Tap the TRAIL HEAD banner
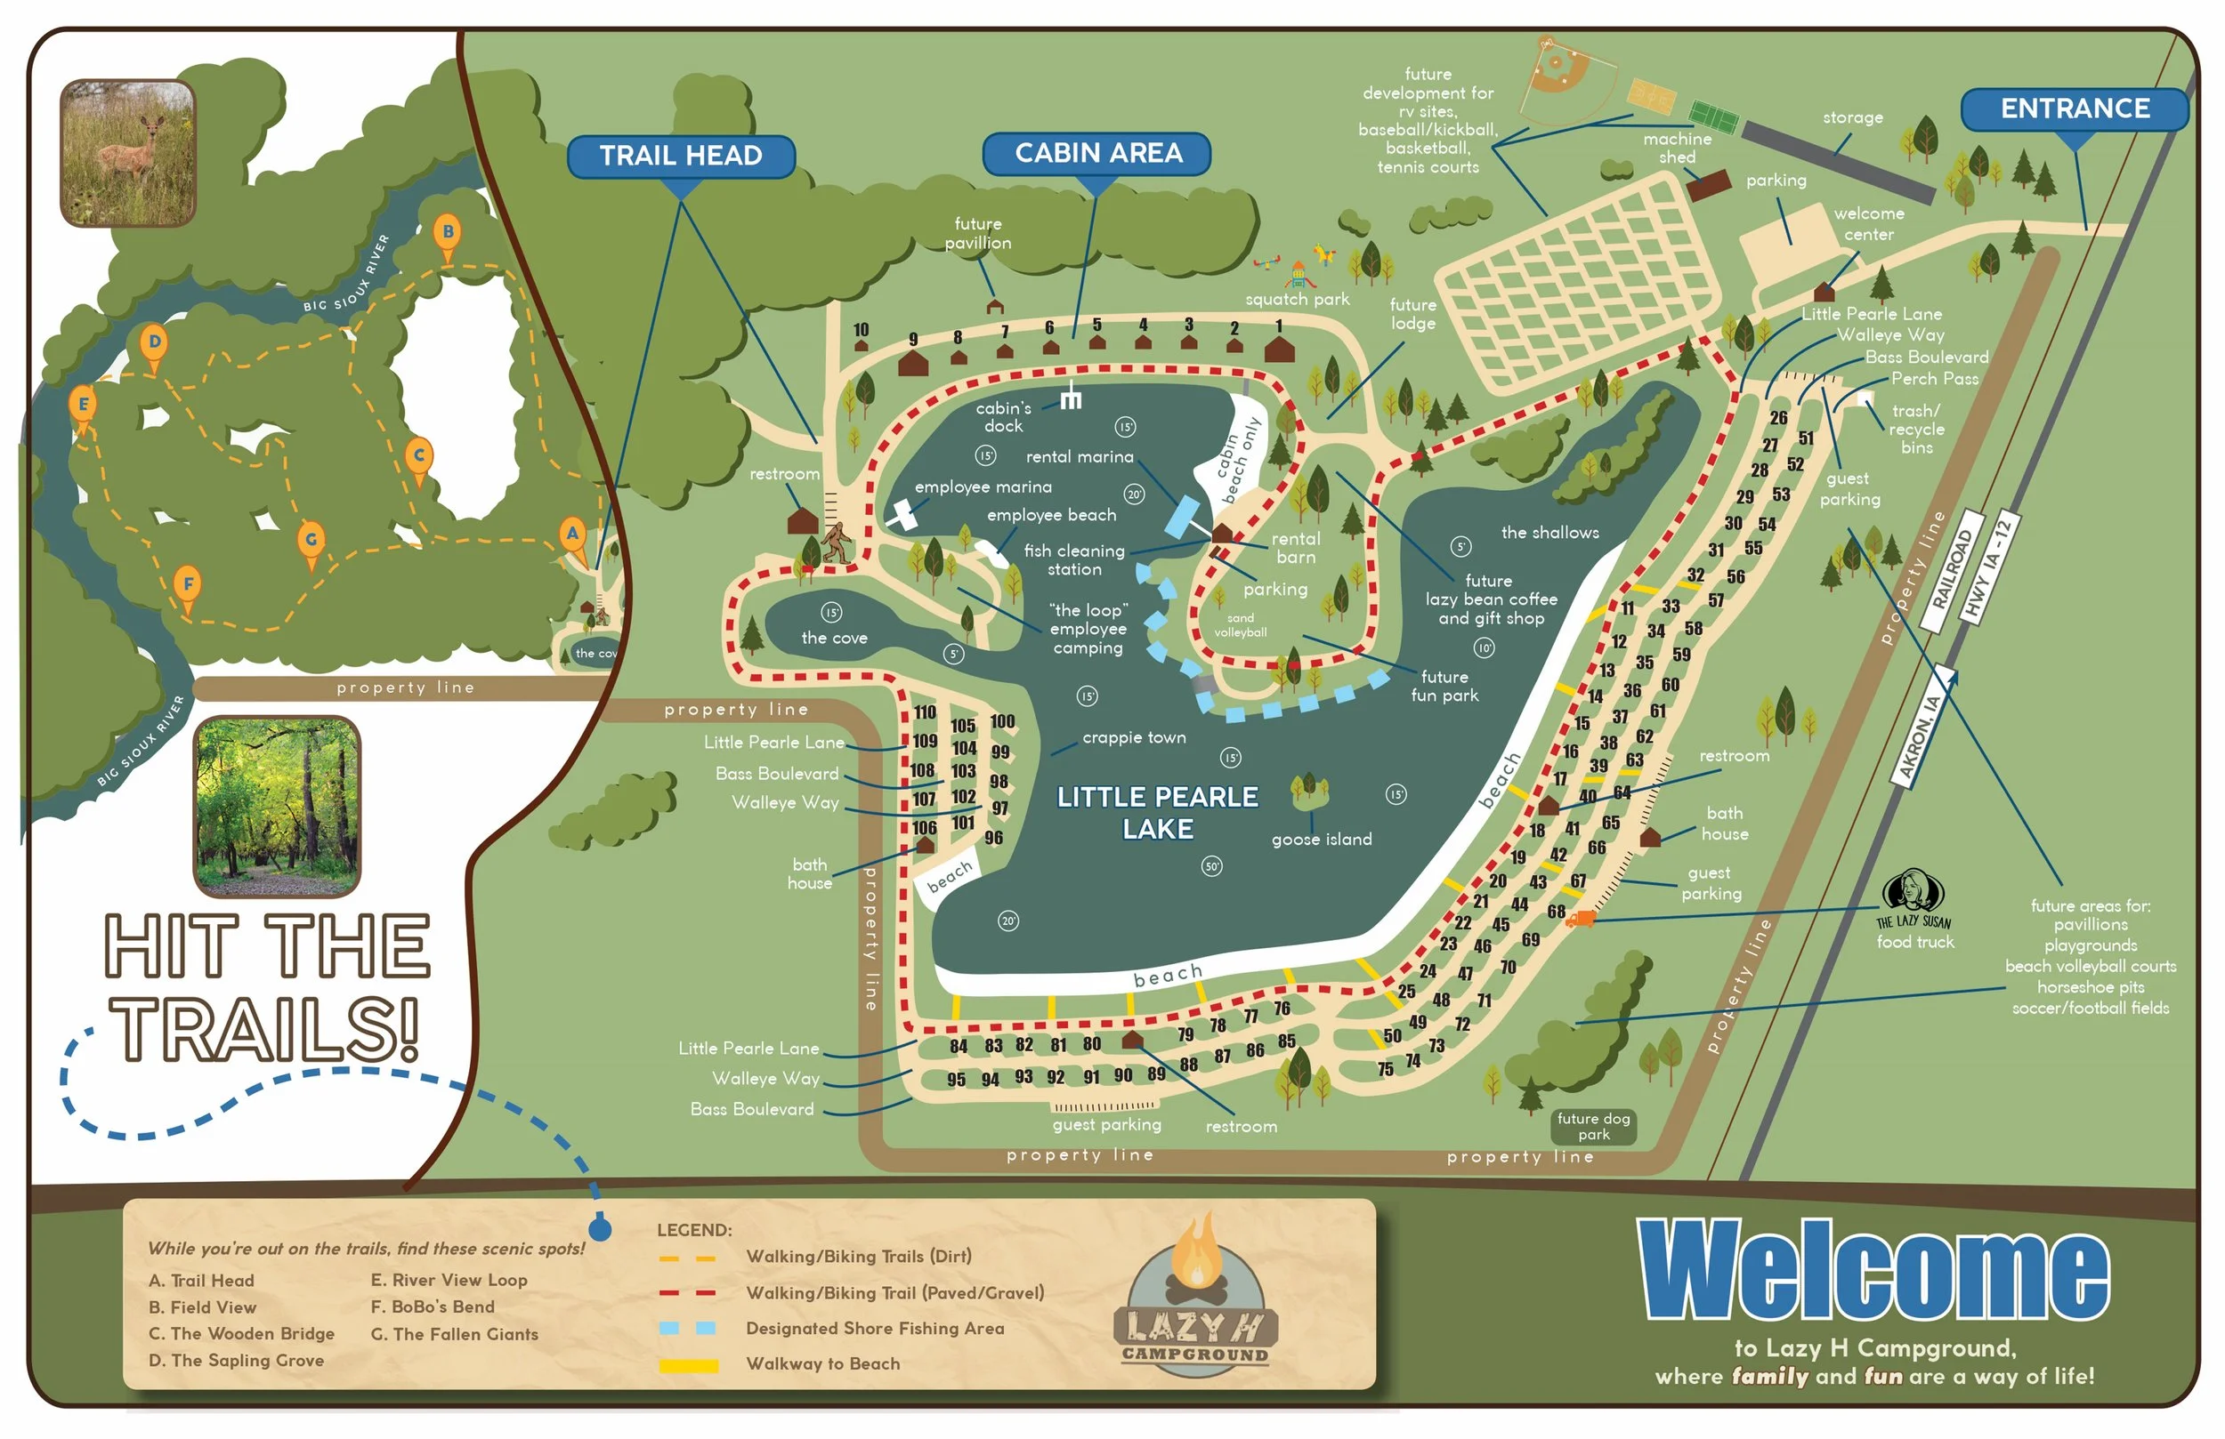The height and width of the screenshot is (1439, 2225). click(x=681, y=155)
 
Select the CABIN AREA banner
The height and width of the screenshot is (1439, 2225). click(x=1096, y=153)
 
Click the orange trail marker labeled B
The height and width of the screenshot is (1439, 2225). click(x=448, y=234)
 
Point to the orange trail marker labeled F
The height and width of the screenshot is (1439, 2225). click(x=188, y=587)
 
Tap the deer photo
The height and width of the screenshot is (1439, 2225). click(x=128, y=153)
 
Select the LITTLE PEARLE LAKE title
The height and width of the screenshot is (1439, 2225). click(x=1157, y=813)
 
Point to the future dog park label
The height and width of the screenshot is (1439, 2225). click(x=1593, y=1127)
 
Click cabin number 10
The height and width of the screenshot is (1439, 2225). click(x=861, y=330)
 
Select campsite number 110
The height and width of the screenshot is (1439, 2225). click(x=925, y=713)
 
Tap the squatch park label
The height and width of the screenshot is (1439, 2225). click(x=1297, y=300)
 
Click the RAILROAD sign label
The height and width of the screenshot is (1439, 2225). click(x=1952, y=571)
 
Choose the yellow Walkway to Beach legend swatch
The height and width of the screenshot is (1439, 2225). click(x=688, y=1366)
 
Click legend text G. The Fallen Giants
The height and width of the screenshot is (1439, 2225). click(x=455, y=1335)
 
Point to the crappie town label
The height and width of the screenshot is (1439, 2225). click(x=1133, y=738)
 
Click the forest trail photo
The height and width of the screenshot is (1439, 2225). click(x=277, y=807)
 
